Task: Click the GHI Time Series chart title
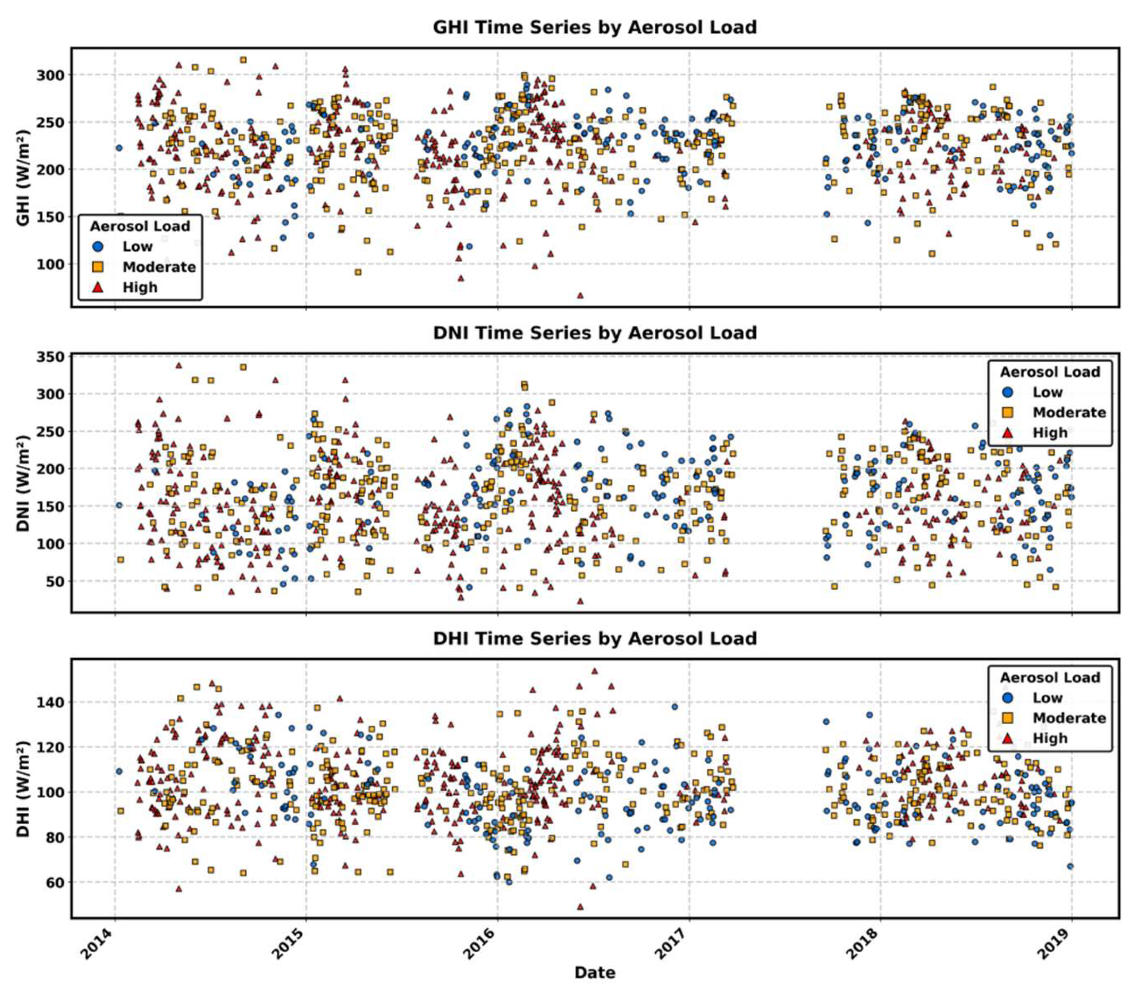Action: point(595,27)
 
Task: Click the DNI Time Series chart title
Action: point(595,332)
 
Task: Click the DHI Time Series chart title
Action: point(595,638)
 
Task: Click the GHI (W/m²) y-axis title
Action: point(23,178)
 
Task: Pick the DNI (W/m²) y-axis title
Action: point(23,483)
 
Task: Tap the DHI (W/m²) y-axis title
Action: point(23,789)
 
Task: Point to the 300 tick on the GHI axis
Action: point(50,75)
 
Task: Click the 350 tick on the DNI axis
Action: point(50,356)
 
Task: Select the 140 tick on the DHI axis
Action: point(50,702)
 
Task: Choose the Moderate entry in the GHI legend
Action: point(159,267)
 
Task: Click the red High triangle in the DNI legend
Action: point(1008,433)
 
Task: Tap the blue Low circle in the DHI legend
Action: point(1008,698)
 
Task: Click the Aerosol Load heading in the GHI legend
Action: point(140,226)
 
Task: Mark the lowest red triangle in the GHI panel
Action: point(580,296)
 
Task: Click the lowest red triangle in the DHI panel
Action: point(580,907)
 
